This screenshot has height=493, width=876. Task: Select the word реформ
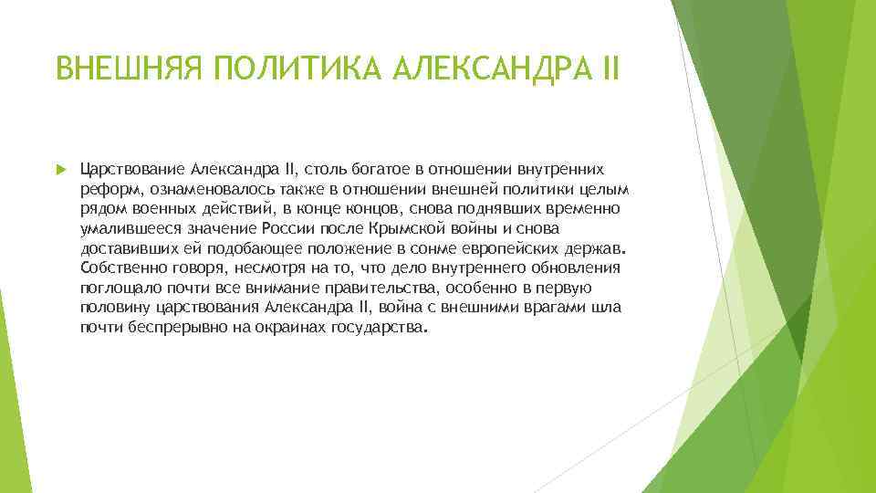[x=104, y=189]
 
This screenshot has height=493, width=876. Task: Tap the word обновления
[x=575, y=268]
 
